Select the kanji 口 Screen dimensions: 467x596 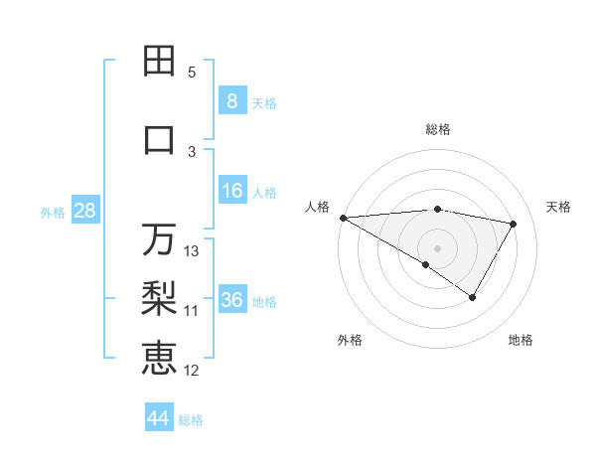pyautogui.click(x=159, y=140)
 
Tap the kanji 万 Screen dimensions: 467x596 pyautogui.click(x=159, y=239)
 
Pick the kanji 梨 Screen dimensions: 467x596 pyautogui.click(x=159, y=298)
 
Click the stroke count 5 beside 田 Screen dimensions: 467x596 pyautogui.click(x=192, y=73)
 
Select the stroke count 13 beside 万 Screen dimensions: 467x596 pyautogui.click(x=193, y=251)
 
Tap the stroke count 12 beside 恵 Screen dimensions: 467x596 pyautogui.click(x=193, y=371)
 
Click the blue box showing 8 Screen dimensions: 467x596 pyautogui.click(x=231, y=100)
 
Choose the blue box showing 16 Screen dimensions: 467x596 pyautogui.click(x=231, y=191)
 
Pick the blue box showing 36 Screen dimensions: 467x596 pyautogui.click(x=231, y=300)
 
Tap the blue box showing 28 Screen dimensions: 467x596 pyautogui.click(x=83, y=211)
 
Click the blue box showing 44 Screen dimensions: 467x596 pyautogui.click(x=158, y=418)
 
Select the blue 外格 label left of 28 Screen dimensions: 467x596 pyautogui.click(x=53, y=212)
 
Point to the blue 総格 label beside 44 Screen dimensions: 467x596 pyautogui.click(x=191, y=420)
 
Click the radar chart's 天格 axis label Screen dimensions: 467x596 pyautogui.click(x=558, y=207)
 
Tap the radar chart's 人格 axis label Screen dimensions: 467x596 pyautogui.click(x=317, y=207)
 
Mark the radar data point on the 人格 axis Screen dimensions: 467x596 pyautogui.click(x=343, y=218)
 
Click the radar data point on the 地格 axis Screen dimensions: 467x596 pyautogui.click(x=473, y=297)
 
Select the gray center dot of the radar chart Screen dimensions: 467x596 pyautogui.click(x=437, y=247)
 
